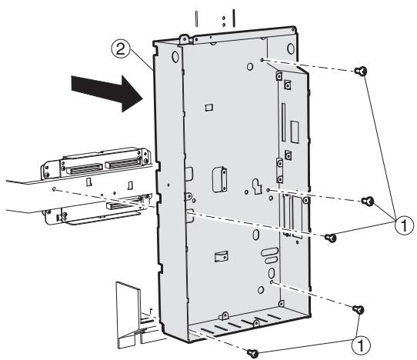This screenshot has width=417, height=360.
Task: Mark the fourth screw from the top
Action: [x=357, y=309]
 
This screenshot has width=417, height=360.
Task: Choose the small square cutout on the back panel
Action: [x=208, y=110]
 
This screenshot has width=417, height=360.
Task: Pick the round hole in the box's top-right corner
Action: [x=295, y=57]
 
